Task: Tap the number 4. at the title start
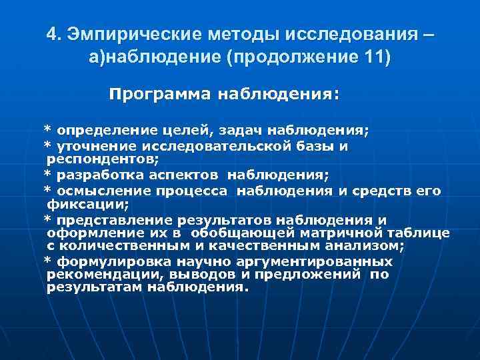(56, 34)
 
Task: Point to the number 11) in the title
(376, 57)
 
